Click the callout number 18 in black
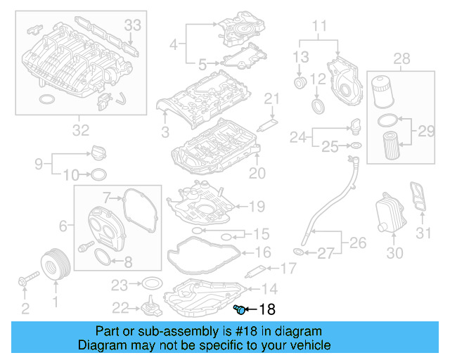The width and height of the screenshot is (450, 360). pos(268,309)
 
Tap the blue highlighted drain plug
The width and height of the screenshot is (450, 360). pos(239,309)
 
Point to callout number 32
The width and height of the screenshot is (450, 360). pos(81,129)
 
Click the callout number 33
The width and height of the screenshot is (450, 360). pos(133,25)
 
